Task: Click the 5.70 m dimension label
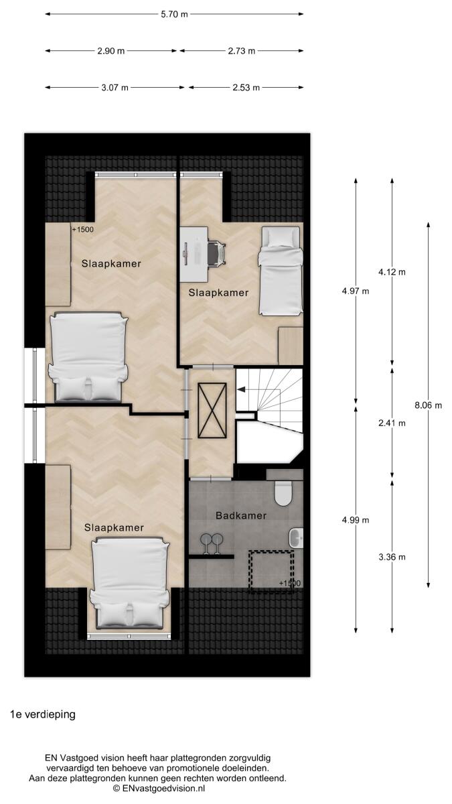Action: point(174,14)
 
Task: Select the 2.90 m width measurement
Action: point(111,51)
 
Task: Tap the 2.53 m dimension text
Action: point(246,88)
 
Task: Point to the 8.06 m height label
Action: point(429,405)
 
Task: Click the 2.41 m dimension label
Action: point(392,423)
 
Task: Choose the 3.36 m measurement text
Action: point(392,557)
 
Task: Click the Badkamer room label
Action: point(241,516)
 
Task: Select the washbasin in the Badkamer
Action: point(296,538)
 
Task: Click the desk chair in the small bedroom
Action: point(217,254)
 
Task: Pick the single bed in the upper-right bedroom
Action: point(280,271)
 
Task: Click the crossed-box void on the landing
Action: point(212,411)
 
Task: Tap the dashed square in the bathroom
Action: point(272,572)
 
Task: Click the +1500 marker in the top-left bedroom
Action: point(82,229)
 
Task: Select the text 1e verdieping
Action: point(43,714)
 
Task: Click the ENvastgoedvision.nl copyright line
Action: point(159,788)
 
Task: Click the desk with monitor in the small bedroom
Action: point(194,254)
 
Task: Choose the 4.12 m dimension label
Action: point(392,272)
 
